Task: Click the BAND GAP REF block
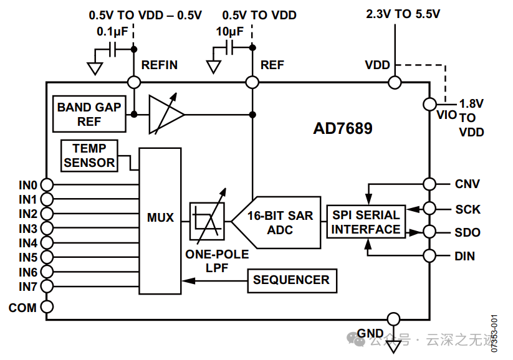point(89,114)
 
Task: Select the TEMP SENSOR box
point(89,155)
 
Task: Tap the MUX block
point(160,218)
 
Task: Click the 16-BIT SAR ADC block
point(278,222)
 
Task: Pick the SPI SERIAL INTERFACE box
point(366,222)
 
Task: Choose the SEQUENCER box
point(292,280)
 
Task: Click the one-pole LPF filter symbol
point(206,221)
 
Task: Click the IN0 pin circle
point(47,185)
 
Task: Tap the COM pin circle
point(47,307)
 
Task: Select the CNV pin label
point(467,184)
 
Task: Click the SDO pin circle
point(429,232)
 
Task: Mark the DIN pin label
point(465,256)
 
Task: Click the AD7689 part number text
point(342,129)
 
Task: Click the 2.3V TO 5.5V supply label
point(403,14)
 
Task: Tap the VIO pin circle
point(429,104)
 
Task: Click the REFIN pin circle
point(133,82)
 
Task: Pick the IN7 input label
point(27,287)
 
